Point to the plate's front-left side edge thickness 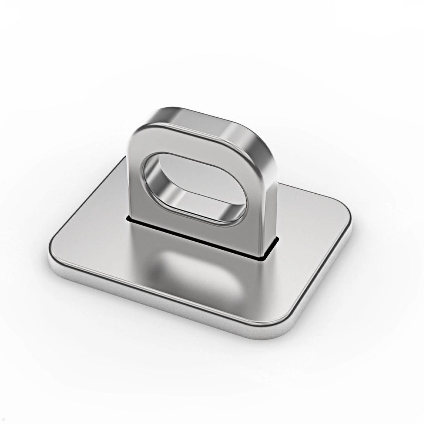tap(159, 297)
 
